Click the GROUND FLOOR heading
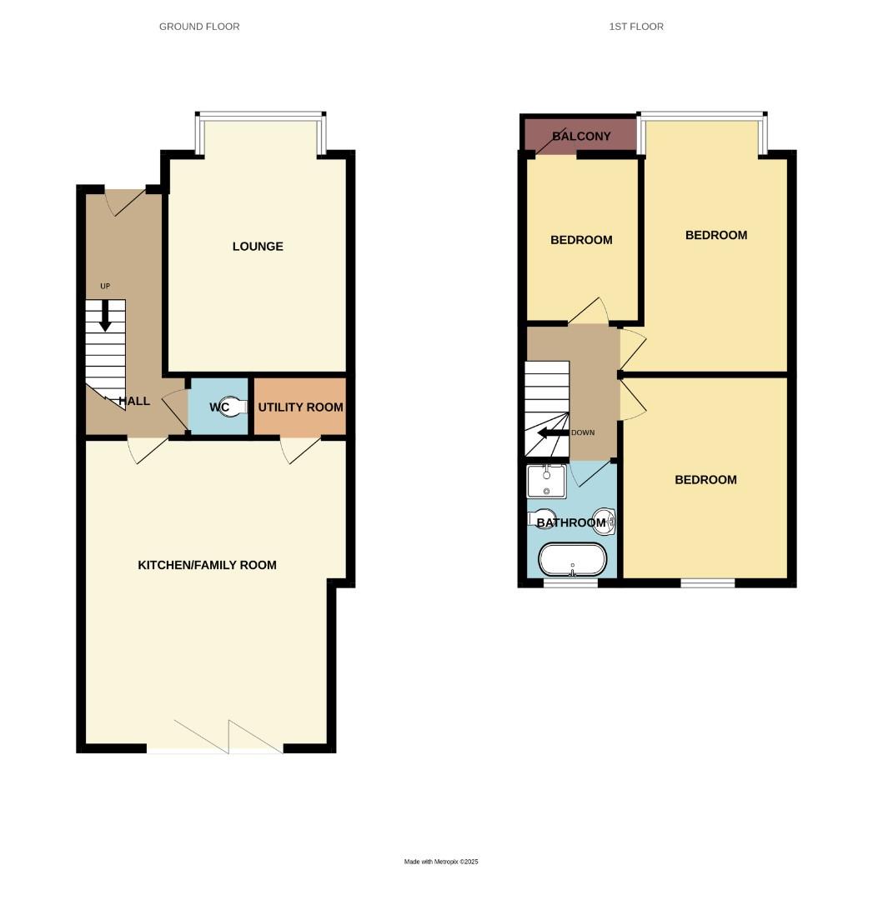pos(199,27)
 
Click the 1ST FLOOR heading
pos(636,27)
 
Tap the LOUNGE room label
pos(258,247)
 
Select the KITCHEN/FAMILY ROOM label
pos(207,565)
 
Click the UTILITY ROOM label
pos(300,407)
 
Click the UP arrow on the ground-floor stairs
pos(105,314)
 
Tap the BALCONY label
pos(581,137)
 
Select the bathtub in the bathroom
pos(573,559)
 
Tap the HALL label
pos(134,402)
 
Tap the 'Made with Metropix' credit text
pos(441,862)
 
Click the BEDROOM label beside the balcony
pos(581,240)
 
